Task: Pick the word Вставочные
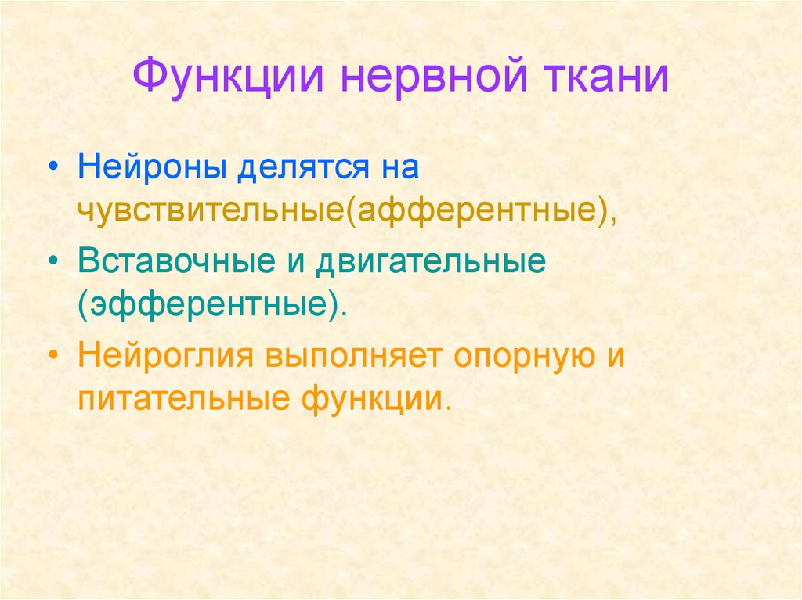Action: click(x=170, y=262)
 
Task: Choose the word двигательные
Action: click(x=429, y=262)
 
